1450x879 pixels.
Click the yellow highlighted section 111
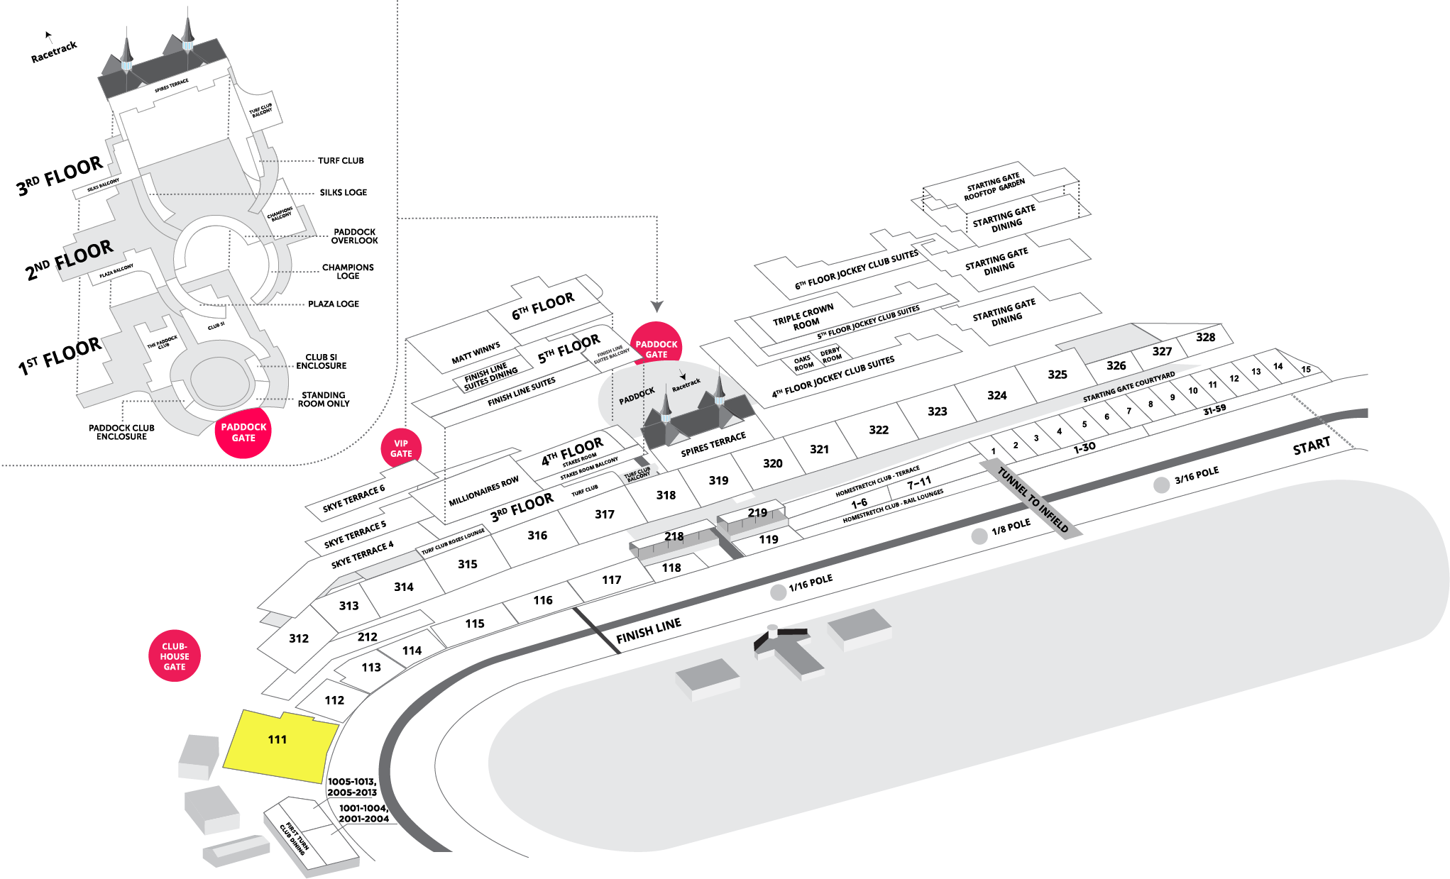point(278,745)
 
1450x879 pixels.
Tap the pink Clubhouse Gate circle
point(175,656)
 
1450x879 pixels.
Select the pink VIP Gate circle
point(401,448)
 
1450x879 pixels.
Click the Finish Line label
point(649,630)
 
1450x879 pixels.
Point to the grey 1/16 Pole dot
point(779,592)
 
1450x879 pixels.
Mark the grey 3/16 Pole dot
point(1161,485)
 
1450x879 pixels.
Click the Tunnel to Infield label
point(1033,499)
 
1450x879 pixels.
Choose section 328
point(1205,338)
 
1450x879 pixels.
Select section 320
point(772,463)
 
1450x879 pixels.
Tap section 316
point(537,536)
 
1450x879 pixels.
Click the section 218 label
point(674,536)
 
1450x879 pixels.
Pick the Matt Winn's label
point(476,353)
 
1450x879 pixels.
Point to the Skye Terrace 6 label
point(353,498)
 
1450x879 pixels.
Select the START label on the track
point(1311,446)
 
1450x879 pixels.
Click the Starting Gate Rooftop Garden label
point(994,187)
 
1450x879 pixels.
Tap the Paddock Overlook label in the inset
point(354,236)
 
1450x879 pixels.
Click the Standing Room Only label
point(323,399)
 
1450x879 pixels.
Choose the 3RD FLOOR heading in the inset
point(60,175)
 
